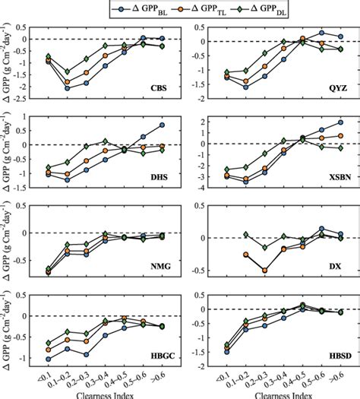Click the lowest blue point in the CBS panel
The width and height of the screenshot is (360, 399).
tap(68, 88)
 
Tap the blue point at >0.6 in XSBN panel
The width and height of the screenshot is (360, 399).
tap(339, 122)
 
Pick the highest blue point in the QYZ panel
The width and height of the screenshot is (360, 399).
tap(321, 33)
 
